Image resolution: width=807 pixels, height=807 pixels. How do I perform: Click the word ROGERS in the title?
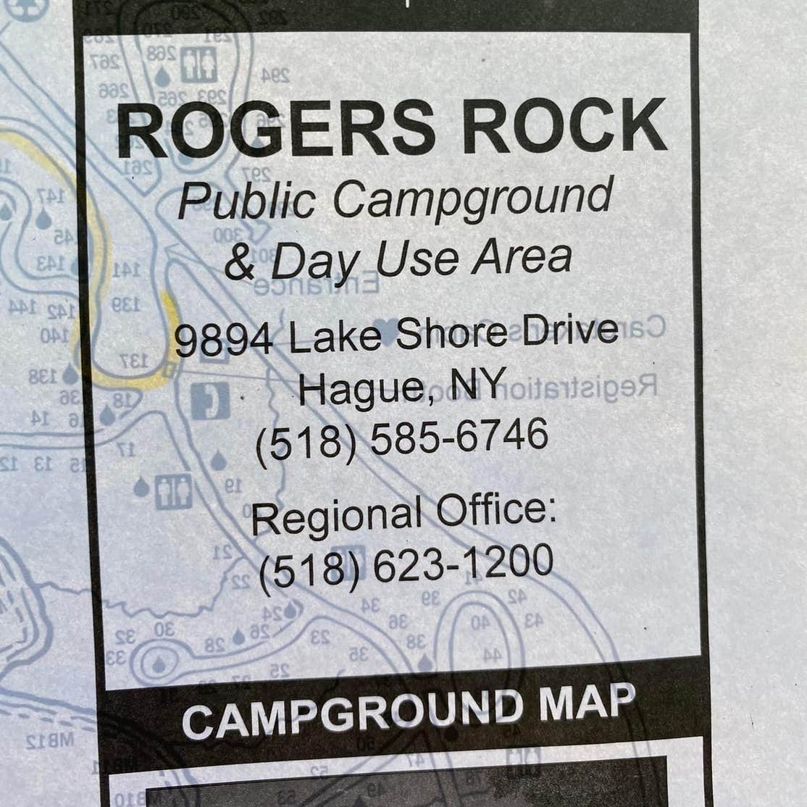(276, 128)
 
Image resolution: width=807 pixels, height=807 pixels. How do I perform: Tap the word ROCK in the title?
(564, 125)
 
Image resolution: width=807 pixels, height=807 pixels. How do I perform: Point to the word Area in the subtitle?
(522, 257)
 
